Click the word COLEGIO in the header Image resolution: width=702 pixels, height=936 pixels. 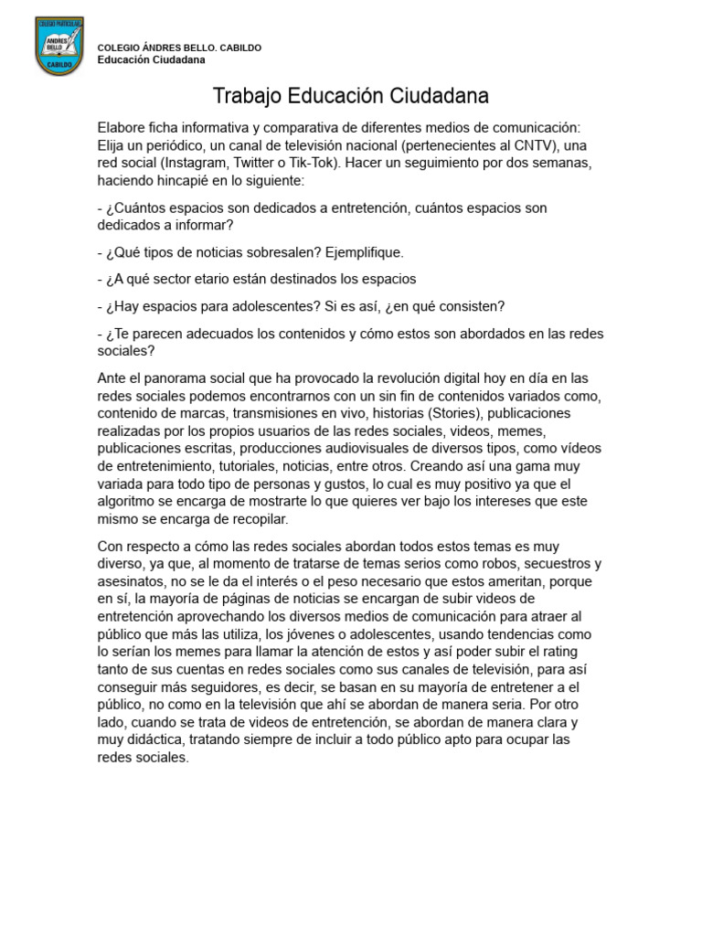[117, 48]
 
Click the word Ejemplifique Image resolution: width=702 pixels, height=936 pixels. [364, 251]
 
